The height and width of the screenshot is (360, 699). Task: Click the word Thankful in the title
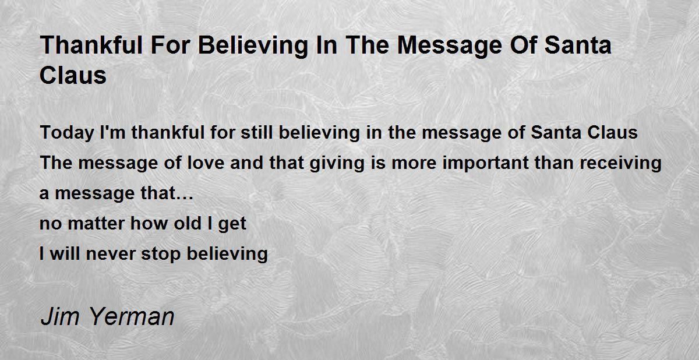point(91,45)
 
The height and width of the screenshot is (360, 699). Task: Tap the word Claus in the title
point(73,76)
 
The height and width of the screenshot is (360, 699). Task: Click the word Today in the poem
point(67,133)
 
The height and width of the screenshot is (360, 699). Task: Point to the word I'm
point(112,132)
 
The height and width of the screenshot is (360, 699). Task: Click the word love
point(206,163)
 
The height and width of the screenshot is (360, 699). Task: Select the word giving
point(337,164)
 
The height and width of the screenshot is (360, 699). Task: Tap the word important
point(486,164)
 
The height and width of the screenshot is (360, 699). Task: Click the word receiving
point(621,164)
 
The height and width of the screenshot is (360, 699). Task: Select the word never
point(111,254)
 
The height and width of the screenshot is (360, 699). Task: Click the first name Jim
point(60,317)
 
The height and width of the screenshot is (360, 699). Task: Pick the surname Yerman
point(132,317)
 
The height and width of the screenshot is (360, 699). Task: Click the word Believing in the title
point(253,46)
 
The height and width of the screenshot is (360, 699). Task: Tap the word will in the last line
point(65,253)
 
